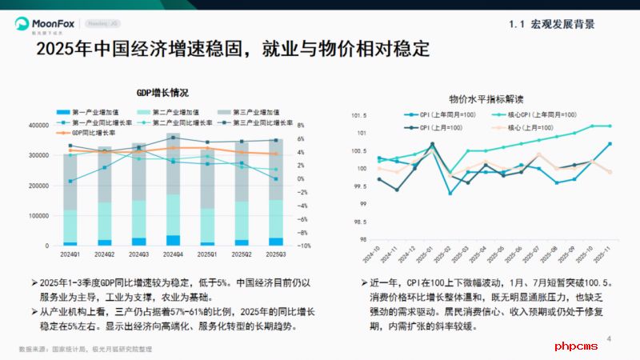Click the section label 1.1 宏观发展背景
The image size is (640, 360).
(x=551, y=24)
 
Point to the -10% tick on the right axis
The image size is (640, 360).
(x=307, y=246)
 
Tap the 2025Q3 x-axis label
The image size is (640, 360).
(x=275, y=254)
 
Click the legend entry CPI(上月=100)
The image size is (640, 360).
(x=441, y=127)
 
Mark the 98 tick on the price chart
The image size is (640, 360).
(x=361, y=239)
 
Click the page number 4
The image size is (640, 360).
(x=609, y=338)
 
